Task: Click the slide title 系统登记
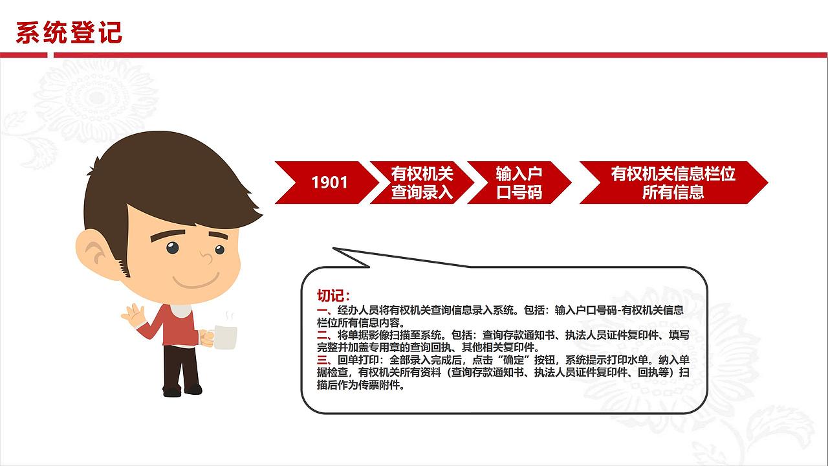pos(69,32)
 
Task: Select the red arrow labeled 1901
pos(329,183)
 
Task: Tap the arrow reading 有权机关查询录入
pos(422,183)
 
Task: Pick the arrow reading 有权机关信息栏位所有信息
pos(673,183)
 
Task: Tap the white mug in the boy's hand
pos(224,337)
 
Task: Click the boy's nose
pos(206,258)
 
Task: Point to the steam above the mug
pos(228,316)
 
